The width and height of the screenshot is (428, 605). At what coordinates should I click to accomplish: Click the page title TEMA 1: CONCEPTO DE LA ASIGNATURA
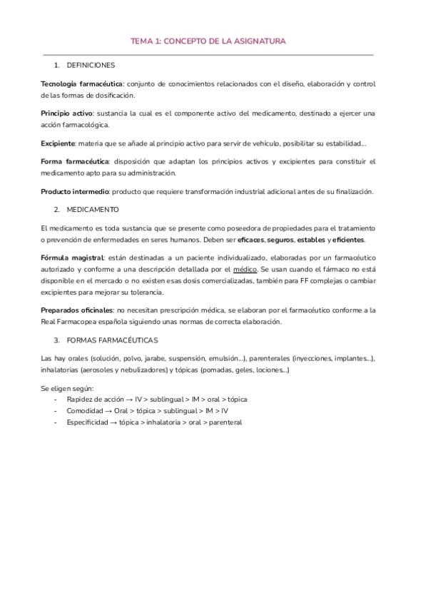pyautogui.click(x=208, y=41)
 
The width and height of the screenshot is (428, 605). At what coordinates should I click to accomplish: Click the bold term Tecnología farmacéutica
pyautogui.click(x=82, y=83)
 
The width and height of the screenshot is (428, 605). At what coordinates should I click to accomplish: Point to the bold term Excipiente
pyautogui.click(x=61, y=143)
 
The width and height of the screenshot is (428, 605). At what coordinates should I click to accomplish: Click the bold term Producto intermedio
pyautogui.click(x=75, y=191)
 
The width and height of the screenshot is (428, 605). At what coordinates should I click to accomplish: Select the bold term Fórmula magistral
pyautogui.click(x=73, y=257)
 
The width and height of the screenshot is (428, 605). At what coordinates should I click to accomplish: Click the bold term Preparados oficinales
pyautogui.click(x=77, y=310)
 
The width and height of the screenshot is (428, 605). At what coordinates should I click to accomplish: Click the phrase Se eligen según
pyautogui.click(x=63, y=388)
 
